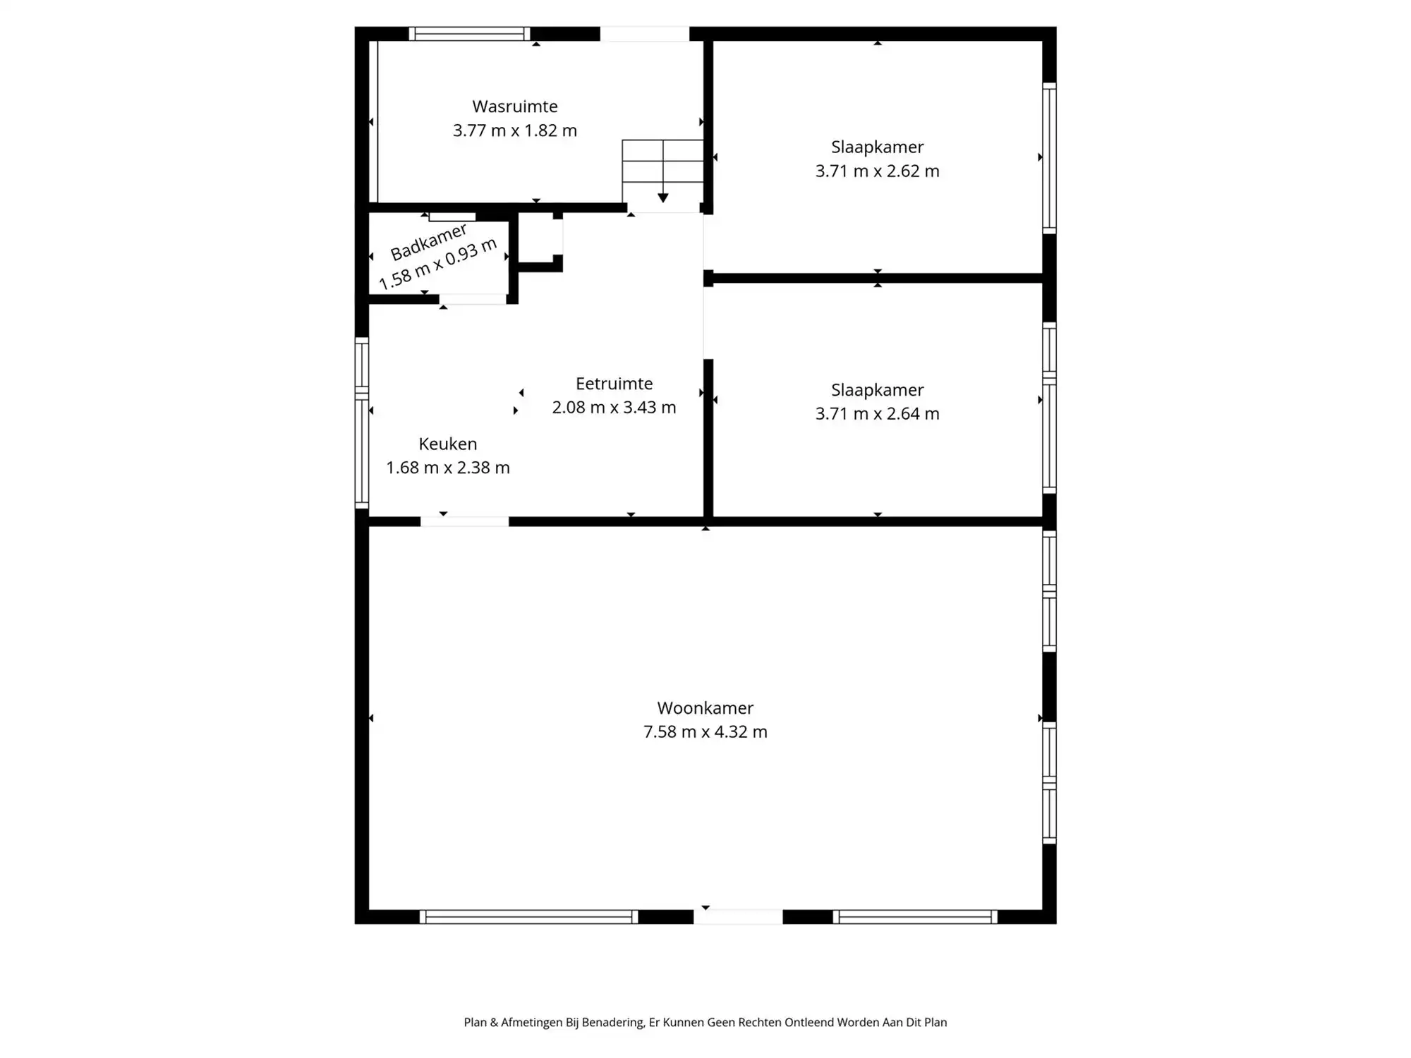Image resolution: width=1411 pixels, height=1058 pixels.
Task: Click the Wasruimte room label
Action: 515,107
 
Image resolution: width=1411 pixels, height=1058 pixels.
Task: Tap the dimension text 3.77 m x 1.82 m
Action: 515,130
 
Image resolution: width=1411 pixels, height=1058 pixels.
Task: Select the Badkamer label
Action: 428,242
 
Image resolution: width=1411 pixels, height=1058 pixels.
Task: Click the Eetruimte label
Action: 614,384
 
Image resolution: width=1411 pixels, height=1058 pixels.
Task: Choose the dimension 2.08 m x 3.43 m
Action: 614,408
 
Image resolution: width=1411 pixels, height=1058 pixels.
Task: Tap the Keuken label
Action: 448,444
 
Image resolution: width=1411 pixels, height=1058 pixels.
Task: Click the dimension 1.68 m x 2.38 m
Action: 448,468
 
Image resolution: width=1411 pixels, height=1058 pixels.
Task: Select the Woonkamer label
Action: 705,708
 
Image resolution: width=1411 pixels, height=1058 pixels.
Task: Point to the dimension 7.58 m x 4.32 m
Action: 705,732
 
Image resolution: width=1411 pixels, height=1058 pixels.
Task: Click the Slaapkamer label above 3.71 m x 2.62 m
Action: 878,147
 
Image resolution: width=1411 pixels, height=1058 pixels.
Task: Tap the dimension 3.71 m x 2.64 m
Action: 878,414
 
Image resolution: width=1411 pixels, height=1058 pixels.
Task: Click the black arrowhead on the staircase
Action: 663,198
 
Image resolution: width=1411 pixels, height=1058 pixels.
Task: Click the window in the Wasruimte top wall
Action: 469,34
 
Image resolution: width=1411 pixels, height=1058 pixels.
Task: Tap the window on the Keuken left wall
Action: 362,423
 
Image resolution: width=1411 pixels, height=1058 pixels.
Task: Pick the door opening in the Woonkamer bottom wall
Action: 739,917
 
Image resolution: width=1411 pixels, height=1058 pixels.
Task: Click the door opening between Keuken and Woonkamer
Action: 465,522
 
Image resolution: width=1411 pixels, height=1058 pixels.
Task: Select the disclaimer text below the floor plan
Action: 705,1022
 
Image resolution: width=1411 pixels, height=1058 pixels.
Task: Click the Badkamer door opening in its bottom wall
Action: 473,300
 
